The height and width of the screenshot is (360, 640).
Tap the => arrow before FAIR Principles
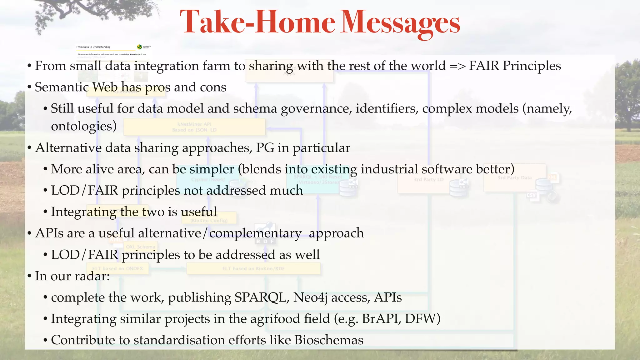457,66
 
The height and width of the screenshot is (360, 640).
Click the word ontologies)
84,126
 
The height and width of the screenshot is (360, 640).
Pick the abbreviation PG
265,148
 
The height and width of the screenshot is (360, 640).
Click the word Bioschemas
329,340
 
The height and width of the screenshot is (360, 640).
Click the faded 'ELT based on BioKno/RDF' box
253,269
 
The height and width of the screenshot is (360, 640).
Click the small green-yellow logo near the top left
139,47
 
